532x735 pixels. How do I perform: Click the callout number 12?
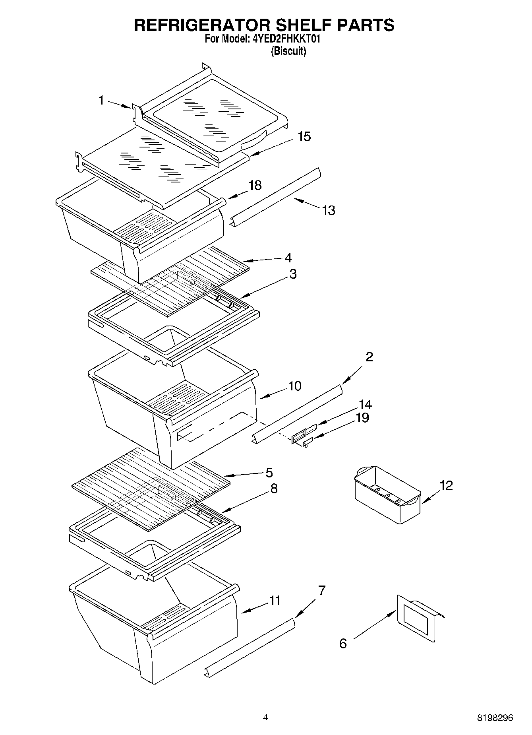point(446,485)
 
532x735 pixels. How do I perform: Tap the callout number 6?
point(343,643)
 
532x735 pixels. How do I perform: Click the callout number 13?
point(329,210)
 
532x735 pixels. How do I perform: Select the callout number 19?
point(362,418)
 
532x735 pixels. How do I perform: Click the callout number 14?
point(365,405)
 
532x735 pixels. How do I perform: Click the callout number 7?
point(321,591)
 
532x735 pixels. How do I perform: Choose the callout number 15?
point(304,136)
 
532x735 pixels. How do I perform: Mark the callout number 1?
point(101,100)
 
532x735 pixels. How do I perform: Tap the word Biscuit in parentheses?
point(288,51)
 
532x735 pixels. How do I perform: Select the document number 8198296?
point(495,718)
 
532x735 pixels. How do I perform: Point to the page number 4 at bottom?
point(265,718)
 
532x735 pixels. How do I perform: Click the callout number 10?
point(295,386)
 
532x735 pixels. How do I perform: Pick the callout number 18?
point(255,185)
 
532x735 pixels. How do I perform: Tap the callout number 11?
point(275,601)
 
